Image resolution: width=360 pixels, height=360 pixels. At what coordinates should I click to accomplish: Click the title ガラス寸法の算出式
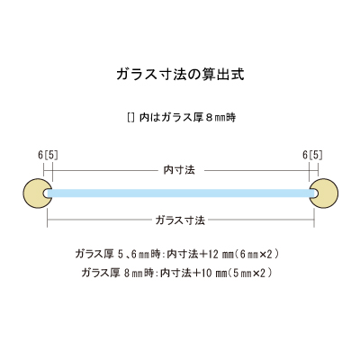coord(180,75)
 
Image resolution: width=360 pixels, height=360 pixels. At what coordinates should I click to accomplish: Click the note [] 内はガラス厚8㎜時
coord(182,117)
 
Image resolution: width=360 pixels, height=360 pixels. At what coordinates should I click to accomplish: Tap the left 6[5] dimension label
coord(48,155)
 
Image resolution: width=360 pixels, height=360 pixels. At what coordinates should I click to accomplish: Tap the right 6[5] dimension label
coord(312,155)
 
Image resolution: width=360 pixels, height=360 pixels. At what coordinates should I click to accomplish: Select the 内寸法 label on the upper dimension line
coord(179,170)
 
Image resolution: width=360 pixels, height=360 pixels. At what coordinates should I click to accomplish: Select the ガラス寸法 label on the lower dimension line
coord(180,220)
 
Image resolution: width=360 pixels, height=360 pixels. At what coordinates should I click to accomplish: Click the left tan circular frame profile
coord(37,193)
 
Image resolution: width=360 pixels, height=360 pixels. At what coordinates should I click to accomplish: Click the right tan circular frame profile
coord(324,193)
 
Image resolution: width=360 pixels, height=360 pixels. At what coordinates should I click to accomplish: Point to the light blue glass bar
coord(181,193)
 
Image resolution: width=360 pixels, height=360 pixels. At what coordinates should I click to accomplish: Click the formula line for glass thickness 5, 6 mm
coord(177,255)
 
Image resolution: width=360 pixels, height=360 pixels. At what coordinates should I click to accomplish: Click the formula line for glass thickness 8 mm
coord(177,273)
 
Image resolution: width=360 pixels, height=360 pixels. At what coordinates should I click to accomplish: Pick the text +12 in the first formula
coord(209,255)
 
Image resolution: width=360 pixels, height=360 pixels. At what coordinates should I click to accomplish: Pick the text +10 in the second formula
coord(202,273)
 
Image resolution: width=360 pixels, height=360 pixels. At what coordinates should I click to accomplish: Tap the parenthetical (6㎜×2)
coord(256,255)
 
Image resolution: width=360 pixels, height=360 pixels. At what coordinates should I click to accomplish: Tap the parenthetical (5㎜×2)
coord(250,273)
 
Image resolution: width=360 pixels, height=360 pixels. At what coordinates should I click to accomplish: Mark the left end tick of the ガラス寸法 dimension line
coord(48,220)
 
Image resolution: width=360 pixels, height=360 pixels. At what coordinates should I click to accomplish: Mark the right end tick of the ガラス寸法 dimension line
coord(314,220)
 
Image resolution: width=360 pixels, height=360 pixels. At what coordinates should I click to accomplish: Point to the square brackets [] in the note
coord(130,117)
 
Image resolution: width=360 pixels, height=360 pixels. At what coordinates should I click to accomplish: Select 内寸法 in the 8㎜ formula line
coord(175,273)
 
